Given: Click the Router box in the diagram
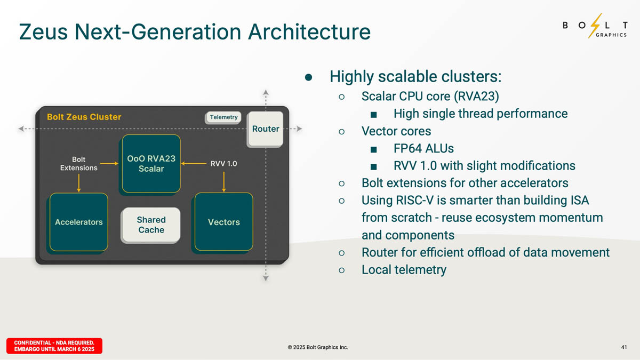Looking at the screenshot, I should click(265, 129).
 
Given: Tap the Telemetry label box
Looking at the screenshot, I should click(223, 117).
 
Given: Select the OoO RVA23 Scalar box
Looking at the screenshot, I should click(151, 164).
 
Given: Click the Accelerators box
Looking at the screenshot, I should click(78, 222).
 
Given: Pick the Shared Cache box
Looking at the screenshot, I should click(151, 225).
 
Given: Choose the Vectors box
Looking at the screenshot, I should click(223, 222).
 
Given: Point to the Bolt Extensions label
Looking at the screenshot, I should click(78, 164).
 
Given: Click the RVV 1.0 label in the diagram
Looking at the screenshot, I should click(224, 164).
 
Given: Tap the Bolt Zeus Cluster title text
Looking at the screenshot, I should click(84, 117).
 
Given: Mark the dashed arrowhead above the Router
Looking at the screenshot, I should click(266, 93).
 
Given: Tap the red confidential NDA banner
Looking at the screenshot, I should click(54, 346).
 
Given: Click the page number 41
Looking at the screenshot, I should click(624, 347).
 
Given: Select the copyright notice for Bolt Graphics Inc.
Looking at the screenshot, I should click(317, 347).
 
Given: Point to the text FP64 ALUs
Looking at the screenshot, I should click(423, 148).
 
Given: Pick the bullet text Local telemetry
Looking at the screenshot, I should click(404, 269).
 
